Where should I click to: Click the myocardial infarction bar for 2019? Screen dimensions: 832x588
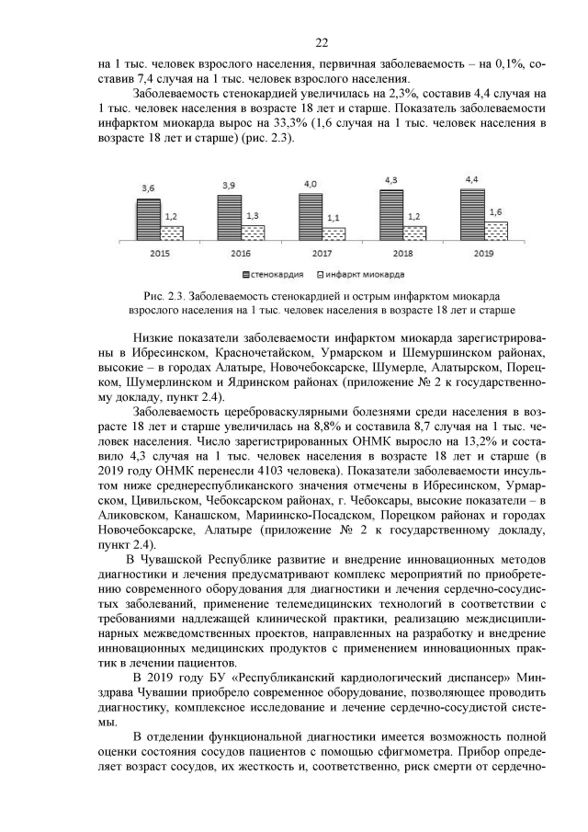click(x=496, y=231)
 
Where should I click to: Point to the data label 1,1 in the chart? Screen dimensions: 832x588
click(x=333, y=218)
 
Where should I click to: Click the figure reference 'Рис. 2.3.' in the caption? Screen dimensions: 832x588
click(x=164, y=298)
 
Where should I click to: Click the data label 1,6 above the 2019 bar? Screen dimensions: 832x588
click(x=496, y=211)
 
